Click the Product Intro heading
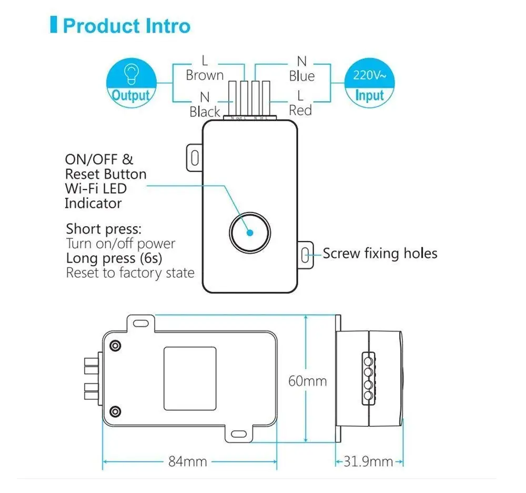coord(126,25)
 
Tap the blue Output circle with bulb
coord(131,83)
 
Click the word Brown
coord(205,75)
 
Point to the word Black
coord(205,112)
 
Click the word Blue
coord(301,76)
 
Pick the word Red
coord(300,110)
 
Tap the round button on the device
coord(249,232)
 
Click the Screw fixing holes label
coord(380,254)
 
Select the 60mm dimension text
coord(307,381)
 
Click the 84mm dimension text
coord(188,461)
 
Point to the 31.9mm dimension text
coord(369,461)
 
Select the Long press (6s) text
coord(114,258)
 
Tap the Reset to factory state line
coord(130,273)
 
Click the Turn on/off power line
coord(120,244)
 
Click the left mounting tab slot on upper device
coord(194,156)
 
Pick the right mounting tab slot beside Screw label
coord(305,255)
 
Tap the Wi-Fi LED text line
coord(95,188)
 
